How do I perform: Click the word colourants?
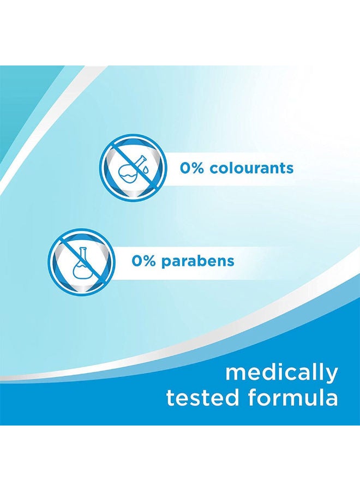tap(251, 168)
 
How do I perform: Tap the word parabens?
tap(198, 261)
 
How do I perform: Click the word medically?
tap(282, 373)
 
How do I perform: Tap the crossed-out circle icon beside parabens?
tap(82, 261)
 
